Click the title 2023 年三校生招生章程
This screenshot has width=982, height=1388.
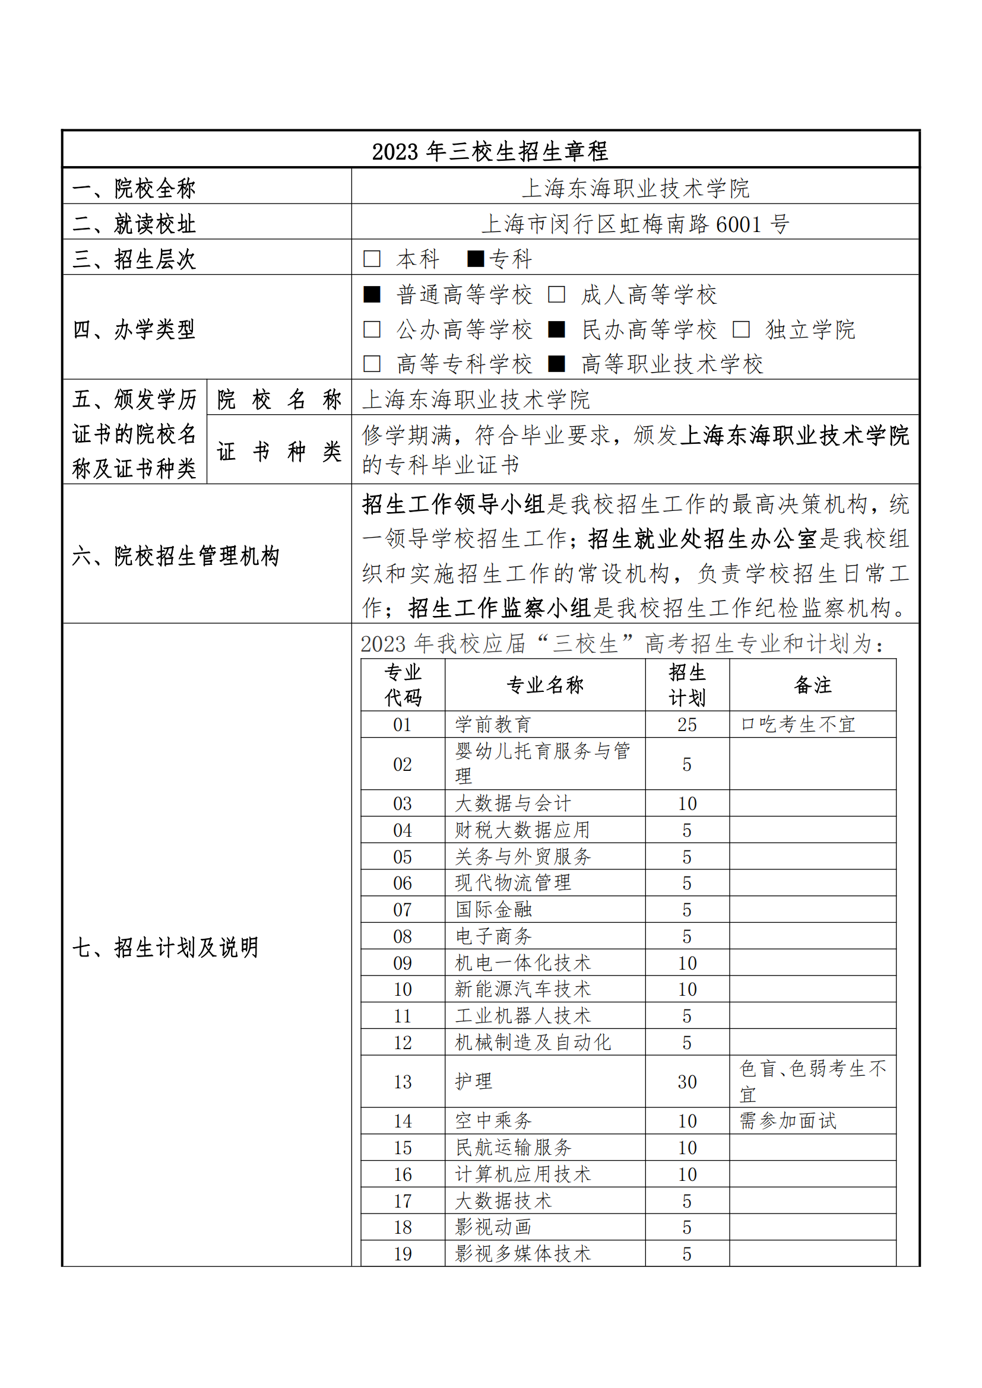coord(490,151)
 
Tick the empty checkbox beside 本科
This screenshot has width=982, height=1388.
coord(372,259)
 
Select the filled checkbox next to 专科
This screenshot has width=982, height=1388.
coord(476,259)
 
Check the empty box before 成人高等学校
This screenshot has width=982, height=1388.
coord(556,295)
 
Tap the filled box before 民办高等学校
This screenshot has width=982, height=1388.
coord(556,329)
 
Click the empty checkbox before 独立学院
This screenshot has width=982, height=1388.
coord(741,329)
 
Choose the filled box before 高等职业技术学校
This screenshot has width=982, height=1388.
coord(556,364)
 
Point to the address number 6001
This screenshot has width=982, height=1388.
coord(739,224)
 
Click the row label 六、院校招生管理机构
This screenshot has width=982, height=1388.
coord(176,555)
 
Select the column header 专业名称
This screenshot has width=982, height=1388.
coord(545,685)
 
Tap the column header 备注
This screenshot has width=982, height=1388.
coord(813,685)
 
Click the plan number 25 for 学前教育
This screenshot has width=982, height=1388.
coord(687,724)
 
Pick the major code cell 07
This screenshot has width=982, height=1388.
coord(402,910)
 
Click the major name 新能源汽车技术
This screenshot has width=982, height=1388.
coord(522,990)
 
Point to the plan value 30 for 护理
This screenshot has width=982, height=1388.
coord(687,1082)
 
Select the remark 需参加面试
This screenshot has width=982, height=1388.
coord(788,1122)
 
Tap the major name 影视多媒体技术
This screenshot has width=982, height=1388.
coord(522,1254)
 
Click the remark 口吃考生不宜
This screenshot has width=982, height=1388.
coord(797,724)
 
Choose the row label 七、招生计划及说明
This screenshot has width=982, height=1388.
coord(166,947)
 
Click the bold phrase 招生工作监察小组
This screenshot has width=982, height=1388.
coord(499,608)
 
